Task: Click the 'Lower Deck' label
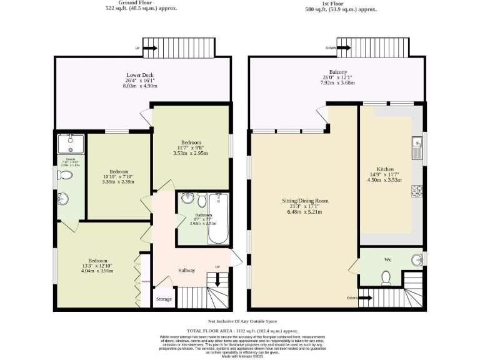140,75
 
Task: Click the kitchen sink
416,147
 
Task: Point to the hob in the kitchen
417,190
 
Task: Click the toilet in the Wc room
386,277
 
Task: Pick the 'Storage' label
164,299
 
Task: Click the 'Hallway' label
186,271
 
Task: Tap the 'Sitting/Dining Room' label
305,201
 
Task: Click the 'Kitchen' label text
385,169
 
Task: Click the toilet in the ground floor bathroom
201,201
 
